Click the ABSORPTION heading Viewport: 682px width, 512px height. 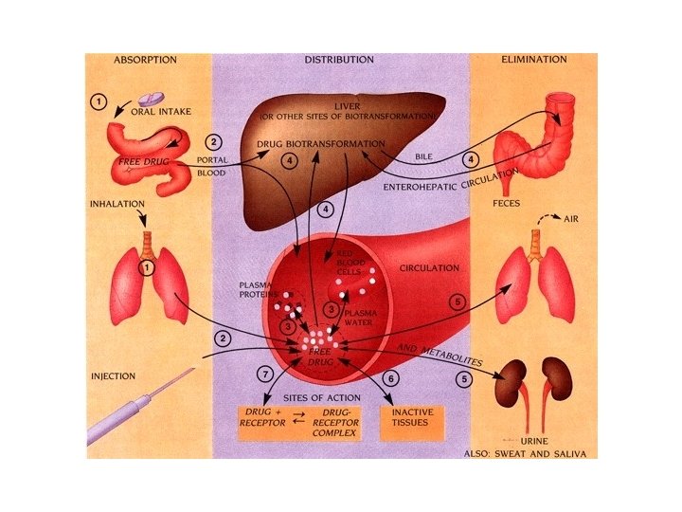click(x=145, y=60)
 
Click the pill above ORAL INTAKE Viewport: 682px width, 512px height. click(x=152, y=99)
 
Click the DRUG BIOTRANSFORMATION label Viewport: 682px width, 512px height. click(x=321, y=144)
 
